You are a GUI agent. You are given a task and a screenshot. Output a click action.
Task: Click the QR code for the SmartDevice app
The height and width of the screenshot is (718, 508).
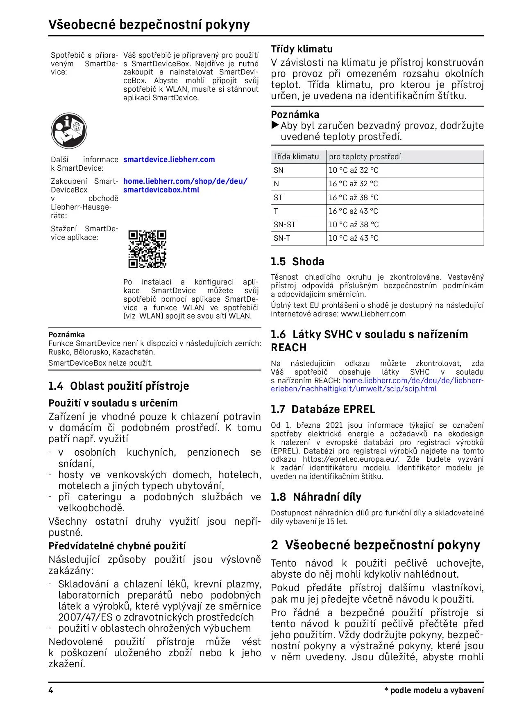pos(147,249)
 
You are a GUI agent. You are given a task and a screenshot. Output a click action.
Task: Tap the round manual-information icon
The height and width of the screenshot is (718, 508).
pos(69,131)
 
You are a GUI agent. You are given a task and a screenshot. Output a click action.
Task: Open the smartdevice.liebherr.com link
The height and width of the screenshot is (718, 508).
pos(169,160)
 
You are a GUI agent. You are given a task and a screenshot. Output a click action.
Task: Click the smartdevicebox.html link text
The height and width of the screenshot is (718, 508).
pos(161,190)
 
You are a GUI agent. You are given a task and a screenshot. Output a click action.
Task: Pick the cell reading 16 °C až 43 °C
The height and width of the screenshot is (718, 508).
pos(353,211)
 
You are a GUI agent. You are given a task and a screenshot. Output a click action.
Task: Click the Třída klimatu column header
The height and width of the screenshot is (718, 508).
pos(296,157)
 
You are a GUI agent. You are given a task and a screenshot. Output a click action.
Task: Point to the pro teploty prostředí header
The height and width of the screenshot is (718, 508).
pos(365,157)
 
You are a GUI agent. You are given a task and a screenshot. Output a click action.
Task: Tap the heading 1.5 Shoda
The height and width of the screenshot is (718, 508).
pos(297,262)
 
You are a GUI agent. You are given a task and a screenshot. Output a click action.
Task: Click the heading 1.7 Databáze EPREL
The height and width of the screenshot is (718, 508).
pos(323,409)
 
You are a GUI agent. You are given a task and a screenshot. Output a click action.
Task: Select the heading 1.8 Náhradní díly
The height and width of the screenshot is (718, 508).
pos(316,497)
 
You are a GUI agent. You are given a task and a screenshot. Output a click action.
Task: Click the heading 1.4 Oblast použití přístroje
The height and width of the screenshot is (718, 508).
pos(118,386)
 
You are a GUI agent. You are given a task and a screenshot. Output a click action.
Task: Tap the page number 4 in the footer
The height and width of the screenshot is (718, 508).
pos(51,691)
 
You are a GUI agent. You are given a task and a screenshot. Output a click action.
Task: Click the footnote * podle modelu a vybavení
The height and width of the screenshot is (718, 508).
pos(434,691)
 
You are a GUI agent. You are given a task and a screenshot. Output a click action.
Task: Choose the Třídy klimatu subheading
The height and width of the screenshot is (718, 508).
pos(302,49)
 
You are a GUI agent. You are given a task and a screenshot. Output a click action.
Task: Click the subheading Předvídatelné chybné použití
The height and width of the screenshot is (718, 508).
pos(117,546)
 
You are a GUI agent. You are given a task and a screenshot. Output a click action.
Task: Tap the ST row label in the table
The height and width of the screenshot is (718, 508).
pos(278,198)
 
